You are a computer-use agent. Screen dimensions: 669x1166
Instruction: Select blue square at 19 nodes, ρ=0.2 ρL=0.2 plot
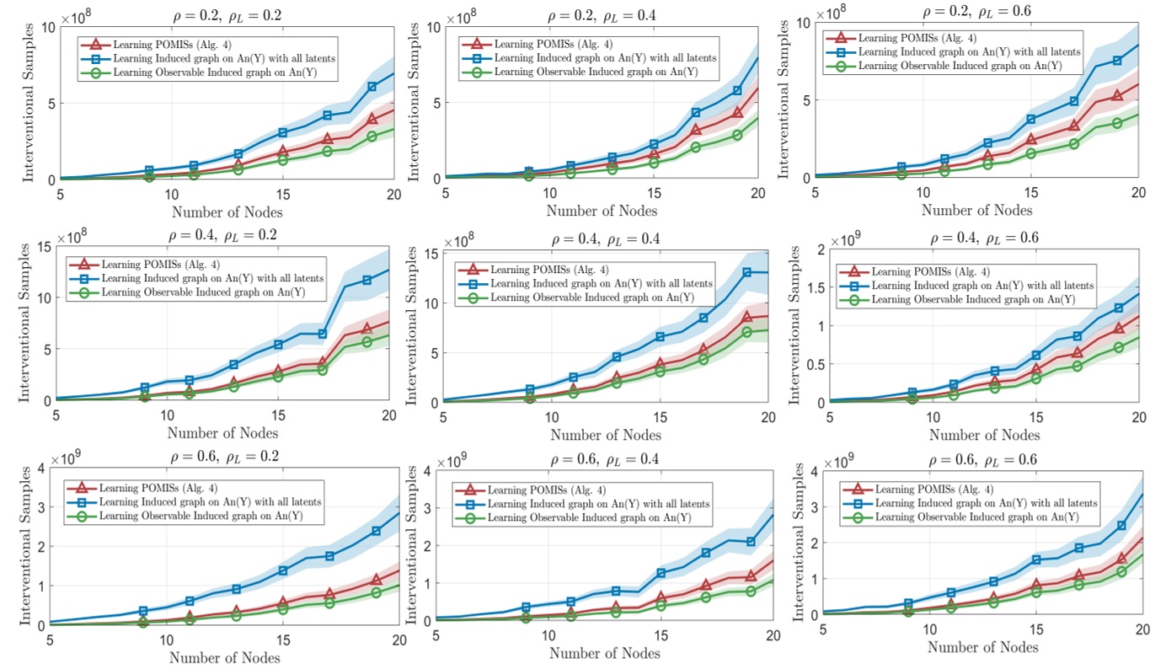[x=372, y=87]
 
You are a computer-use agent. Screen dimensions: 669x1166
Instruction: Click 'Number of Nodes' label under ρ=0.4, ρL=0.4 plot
[x=603, y=435]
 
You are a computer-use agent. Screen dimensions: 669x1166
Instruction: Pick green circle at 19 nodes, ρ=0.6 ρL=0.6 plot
[x=1121, y=572]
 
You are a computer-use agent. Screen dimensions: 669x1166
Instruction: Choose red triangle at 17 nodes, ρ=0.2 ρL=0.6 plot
[x=1073, y=126]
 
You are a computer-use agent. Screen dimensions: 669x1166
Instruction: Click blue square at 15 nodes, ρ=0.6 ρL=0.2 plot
[x=283, y=570]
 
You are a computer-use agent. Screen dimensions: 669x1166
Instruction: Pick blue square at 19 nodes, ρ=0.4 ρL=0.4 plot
[x=746, y=272]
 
